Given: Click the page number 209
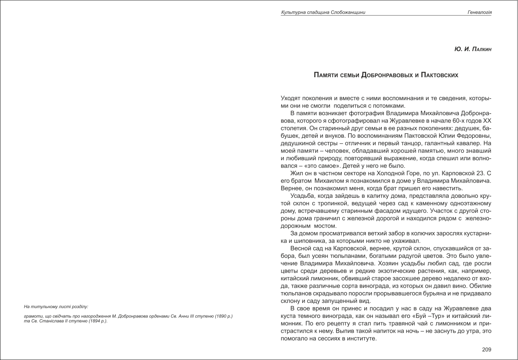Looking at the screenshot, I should tap(487, 349).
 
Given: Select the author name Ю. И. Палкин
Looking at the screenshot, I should tap(473, 49).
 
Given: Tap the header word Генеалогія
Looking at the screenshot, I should tap(480, 12).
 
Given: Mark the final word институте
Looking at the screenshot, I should tap(361, 339).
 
